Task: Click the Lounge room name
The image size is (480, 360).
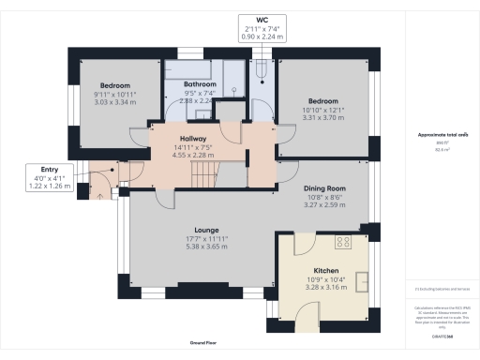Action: (x=206, y=230)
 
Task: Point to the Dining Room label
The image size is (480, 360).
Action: (x=324, y=188)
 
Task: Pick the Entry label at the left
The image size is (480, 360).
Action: (x=45, y=169)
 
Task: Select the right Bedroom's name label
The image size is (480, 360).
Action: (x=324, y=101)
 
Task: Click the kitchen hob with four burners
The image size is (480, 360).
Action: (x=343, y=243)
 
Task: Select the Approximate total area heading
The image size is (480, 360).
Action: (x=438, y=135)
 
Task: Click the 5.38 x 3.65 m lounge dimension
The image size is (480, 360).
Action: (x=206, y=247)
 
